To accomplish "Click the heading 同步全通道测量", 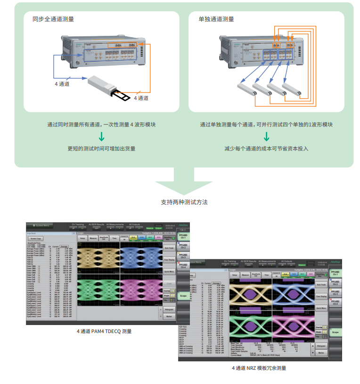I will click(53, 19).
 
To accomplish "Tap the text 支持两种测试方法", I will click(184, 202).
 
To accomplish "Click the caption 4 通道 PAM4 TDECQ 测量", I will click(105, 331).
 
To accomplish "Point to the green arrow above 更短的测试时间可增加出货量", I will click(101, 137).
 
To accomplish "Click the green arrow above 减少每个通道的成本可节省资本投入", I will click(266, 137).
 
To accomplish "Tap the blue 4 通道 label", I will click(62, 84).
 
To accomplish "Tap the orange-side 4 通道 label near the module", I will click(141, 98).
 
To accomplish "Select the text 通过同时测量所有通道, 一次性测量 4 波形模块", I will click(101, 125).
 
